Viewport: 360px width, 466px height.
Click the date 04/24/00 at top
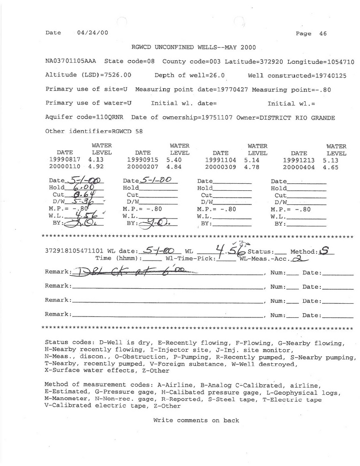point(92,33)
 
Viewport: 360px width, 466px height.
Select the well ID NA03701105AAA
point(72,61)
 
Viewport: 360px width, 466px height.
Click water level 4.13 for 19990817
point(95,160)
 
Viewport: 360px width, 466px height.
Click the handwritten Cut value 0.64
point(81,195)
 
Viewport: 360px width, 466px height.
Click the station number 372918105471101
point(71,251)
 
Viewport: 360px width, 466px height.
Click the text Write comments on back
point(196,421)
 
